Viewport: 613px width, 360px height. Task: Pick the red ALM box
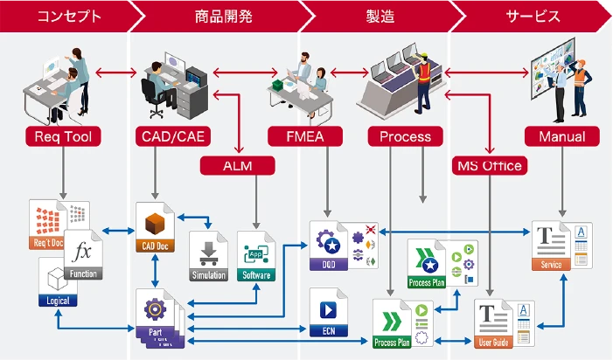point(238,164)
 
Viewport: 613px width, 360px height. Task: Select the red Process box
point(405,136)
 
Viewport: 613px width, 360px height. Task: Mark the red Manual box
point(561,136)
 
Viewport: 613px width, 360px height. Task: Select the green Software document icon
point(255,256)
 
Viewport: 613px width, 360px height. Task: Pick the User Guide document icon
point(495,325)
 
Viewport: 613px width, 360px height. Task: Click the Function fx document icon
point(84,260)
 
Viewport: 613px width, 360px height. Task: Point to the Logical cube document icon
point(58,282)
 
